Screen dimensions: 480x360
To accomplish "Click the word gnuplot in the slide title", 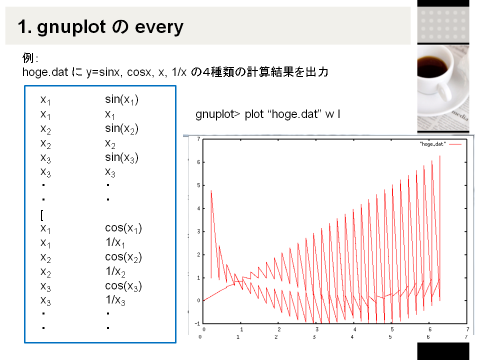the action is click(71, 27).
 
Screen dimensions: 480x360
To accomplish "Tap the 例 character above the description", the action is click(28, 57).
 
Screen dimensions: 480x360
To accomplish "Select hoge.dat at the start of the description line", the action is click(45, 72).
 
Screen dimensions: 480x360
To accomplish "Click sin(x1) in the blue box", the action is click(121, 99).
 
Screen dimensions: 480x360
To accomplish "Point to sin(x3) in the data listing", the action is click(121, 157).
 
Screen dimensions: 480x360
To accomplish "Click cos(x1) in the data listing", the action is click(123, 228).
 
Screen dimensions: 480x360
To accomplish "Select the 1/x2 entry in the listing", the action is click(115, 271).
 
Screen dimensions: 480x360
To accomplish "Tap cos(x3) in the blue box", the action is click(123, 286).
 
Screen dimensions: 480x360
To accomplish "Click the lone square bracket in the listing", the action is click(42, 215).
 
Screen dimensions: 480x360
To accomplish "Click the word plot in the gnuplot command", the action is click(254, 114).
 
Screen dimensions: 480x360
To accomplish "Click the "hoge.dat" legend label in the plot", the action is click(432, 144).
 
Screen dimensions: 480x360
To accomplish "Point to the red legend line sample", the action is click(455, 144).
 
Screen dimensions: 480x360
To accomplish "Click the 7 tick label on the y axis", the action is click(198, 139).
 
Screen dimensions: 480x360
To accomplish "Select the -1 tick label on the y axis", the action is click(197, 323).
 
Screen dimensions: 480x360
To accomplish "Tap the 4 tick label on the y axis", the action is click(198, 208).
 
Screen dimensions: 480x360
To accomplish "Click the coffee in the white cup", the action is click(432, 66).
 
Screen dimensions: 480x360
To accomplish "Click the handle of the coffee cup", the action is click(443, 93).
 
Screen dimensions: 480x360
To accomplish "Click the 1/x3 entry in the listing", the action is click(115, 300).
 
